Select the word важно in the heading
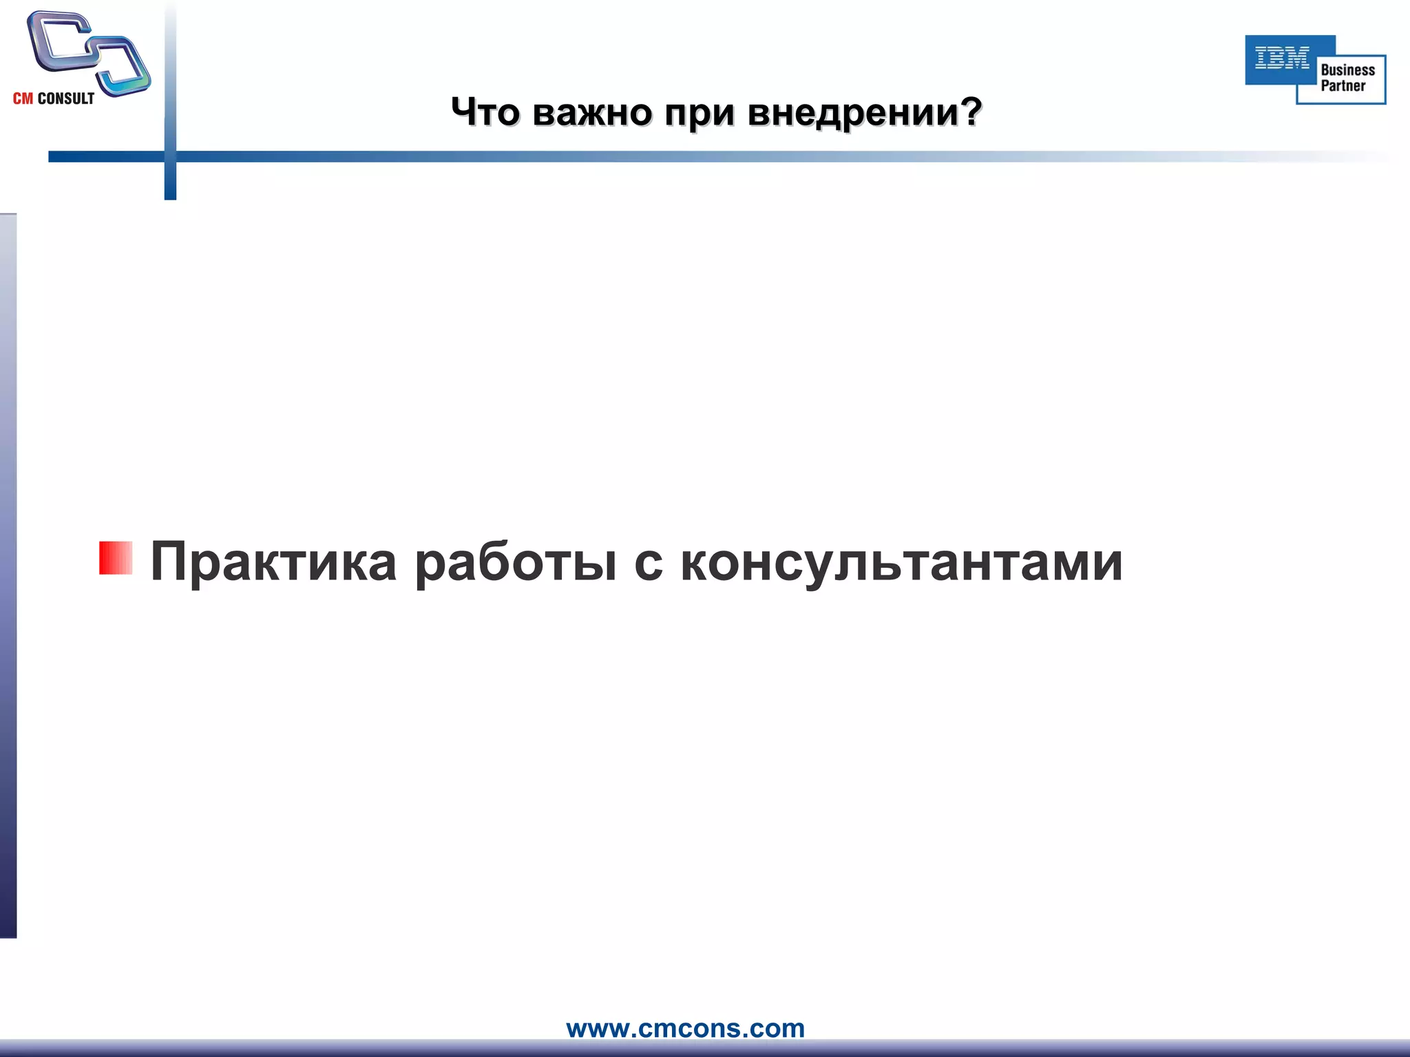point(591,111)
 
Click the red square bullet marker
point(115,558)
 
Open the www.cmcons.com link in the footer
point(685,1029)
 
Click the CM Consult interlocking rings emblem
point(88,52)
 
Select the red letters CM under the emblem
point(23,99)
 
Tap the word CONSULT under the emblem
point(66,99)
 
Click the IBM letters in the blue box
point(1282,58)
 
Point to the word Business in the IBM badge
point(1347,70)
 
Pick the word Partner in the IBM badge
point(1343,86)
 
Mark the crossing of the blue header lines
point(170,156)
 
